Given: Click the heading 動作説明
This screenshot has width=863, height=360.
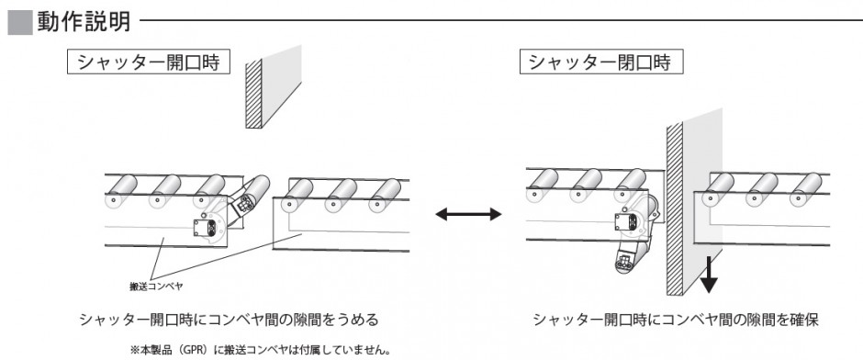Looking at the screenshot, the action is [x=84, y=22].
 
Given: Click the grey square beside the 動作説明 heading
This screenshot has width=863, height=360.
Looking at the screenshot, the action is [x=20, y=23].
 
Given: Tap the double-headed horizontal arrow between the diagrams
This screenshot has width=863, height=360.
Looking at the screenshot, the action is [x=468, y=214].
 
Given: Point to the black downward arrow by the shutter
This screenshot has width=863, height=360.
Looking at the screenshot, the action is [x=709, y=274].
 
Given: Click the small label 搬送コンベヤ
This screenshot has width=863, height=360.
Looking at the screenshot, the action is [x=155, y=287].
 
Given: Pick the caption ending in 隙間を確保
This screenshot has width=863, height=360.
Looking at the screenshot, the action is [x=676, y=320].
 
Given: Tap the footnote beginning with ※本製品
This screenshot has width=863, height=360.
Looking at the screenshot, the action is [x=261, y=350].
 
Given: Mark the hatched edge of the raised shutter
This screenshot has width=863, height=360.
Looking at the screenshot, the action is [x=253, y=94].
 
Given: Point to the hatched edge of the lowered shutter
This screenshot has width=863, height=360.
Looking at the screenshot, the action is [x=675, y=208].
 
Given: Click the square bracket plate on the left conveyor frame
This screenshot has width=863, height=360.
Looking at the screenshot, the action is [x=204, y=228].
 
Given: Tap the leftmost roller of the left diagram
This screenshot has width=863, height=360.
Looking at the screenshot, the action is [x=120, y=190].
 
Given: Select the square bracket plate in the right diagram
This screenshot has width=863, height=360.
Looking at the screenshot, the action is [x=626, y=222].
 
